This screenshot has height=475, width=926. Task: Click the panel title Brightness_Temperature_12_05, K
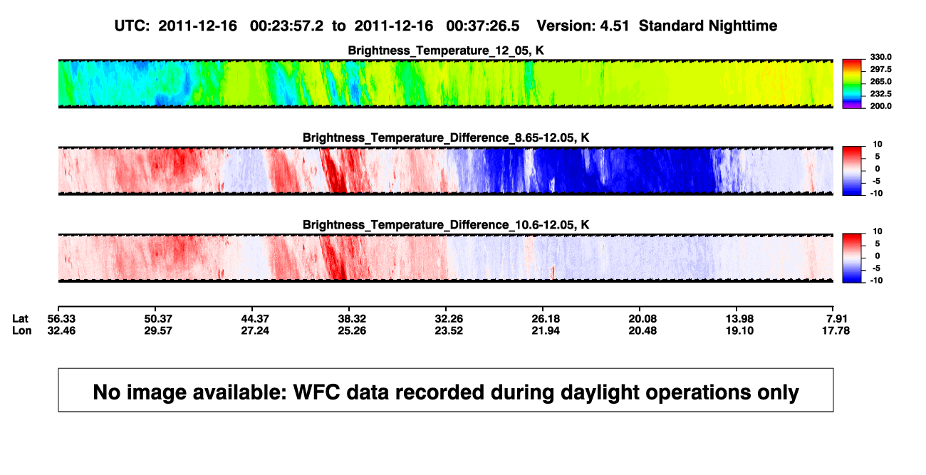click(446, 51)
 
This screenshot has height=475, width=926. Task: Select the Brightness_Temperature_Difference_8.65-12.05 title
click(446, 137)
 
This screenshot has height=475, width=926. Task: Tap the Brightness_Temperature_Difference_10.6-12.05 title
click(446, 225)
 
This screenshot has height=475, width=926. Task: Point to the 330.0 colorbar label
click(880, 57)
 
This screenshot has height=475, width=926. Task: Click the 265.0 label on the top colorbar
click(880, 81)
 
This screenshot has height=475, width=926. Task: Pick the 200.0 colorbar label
click(880, 106)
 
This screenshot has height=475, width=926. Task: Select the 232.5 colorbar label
click(880, 94)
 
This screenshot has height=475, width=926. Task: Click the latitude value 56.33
click(61, 319)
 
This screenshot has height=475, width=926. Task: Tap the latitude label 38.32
click(352, 319)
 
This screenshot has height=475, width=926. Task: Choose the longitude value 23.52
click(449, 330)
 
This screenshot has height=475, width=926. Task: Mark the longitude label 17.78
click(836, 330)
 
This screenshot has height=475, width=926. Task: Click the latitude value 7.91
click(837, 319)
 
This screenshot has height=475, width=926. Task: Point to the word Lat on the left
click(20, 319)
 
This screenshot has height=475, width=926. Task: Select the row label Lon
click(21, 330)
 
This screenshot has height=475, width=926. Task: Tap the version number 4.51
click(614, 26)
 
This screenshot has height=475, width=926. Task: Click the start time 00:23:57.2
click(286, 26)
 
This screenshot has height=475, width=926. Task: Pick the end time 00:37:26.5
click(483, 26)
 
